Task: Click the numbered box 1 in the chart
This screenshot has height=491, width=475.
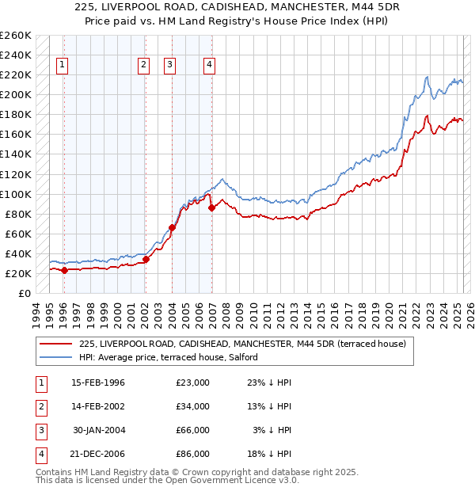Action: pyautogui.click(x=63, y=66)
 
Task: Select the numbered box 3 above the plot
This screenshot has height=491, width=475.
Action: pyautogui.click(x=171, y=66)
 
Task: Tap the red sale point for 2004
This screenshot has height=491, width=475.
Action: pyautogui.click(x=172, y=227)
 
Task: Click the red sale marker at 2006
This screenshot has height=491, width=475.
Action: pyautogui.click(x=211, y=208)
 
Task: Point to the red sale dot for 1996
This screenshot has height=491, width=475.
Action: pyautogui.click(x=64, y=270)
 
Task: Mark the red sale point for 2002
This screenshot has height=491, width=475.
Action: pyautogui.click(x=146, y=259)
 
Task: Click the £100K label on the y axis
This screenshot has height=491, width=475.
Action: pyautogui.click(x=15, y=194)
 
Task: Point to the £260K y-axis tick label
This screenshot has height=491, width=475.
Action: pyautogui.click(x=15, y=36)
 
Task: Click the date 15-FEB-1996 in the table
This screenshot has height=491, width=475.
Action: pyautogui.click(x=98, y=383)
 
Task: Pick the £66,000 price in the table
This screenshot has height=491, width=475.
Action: pyautogui.click(x=193, y=430)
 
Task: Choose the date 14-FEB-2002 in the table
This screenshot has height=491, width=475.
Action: pyautogui.click(x=98, y=406)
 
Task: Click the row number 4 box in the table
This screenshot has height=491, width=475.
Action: pyautogui.click(x=39, y=454)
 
